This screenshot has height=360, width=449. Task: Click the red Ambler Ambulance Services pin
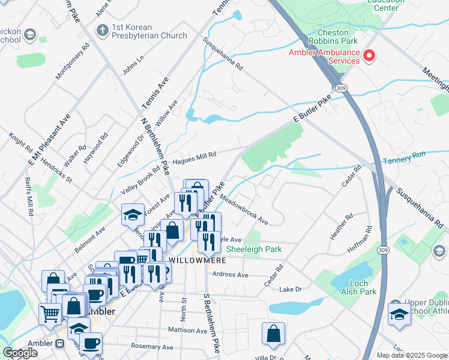tap(369, 57)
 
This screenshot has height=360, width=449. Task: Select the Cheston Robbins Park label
tap(333, 36)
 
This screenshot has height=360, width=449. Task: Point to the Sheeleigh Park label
tap(254, 249)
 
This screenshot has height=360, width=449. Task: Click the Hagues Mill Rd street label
tap(194, 158)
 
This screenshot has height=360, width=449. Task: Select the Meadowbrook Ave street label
tap(244, 208)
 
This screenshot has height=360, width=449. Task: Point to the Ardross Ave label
tap(230, 275)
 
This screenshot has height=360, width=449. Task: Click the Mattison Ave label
tap(187, 329)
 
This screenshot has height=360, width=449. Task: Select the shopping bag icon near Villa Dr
tap(273, 334)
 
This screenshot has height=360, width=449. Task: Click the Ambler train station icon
tap(59, 344)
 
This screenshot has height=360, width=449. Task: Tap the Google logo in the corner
tap(20, 353)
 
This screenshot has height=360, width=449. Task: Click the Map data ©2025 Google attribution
tap(411, 355)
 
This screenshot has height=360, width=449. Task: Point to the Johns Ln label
tap(133, 66)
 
